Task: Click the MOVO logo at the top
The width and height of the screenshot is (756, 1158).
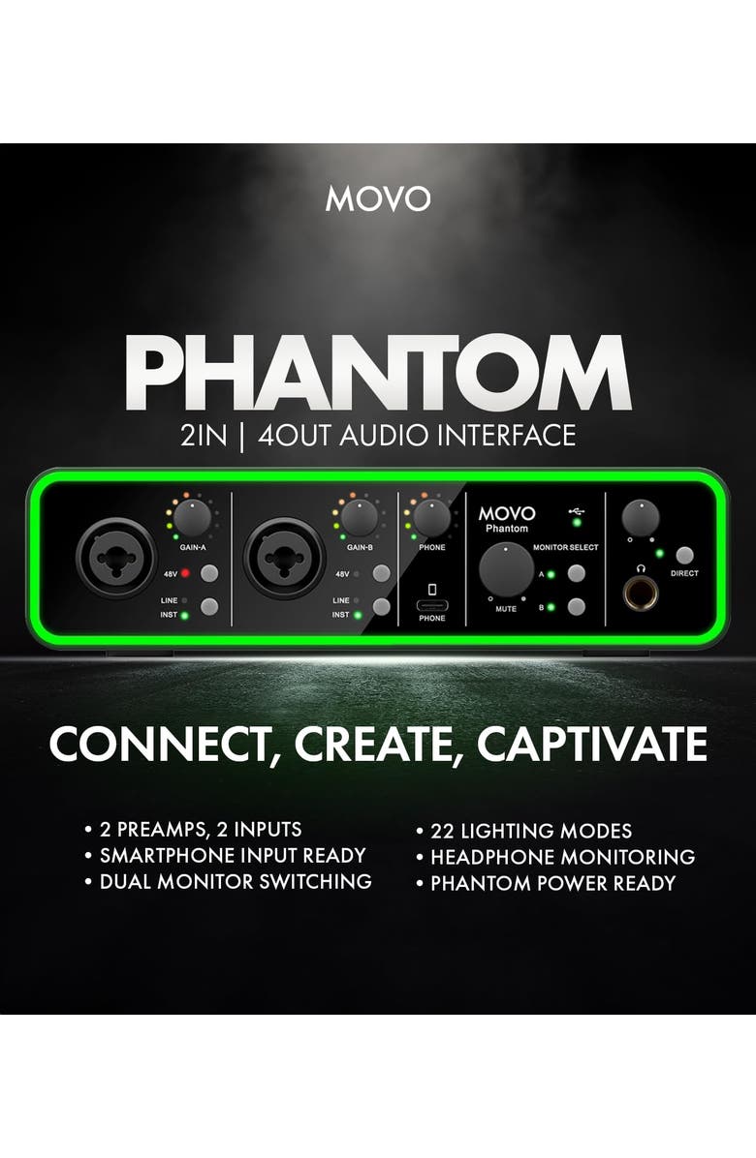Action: [378, 198]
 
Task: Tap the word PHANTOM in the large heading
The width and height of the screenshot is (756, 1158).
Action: [378, 373]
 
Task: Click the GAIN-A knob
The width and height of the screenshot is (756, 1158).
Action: [194, 518]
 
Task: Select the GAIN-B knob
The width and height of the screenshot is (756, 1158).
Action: [360, 519]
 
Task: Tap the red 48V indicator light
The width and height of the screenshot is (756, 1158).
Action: [183, 574]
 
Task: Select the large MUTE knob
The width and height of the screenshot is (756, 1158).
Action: [506, 568]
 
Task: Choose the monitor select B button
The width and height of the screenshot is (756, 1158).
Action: [578, 607]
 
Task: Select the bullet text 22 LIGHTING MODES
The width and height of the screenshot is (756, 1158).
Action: [531, 831]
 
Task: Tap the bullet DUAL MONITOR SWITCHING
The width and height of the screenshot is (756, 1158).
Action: [236, 881]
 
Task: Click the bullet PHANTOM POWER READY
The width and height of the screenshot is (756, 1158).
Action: [552, 882]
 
